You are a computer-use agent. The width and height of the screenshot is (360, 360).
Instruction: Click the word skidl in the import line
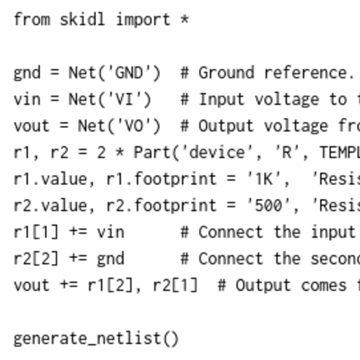tap(82, 19)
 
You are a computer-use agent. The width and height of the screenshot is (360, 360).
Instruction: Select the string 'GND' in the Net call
tap(128, 73)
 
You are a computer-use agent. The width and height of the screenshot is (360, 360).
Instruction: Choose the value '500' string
tap(282, 205)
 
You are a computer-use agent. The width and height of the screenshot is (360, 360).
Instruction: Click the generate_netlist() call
tap(96, 339)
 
